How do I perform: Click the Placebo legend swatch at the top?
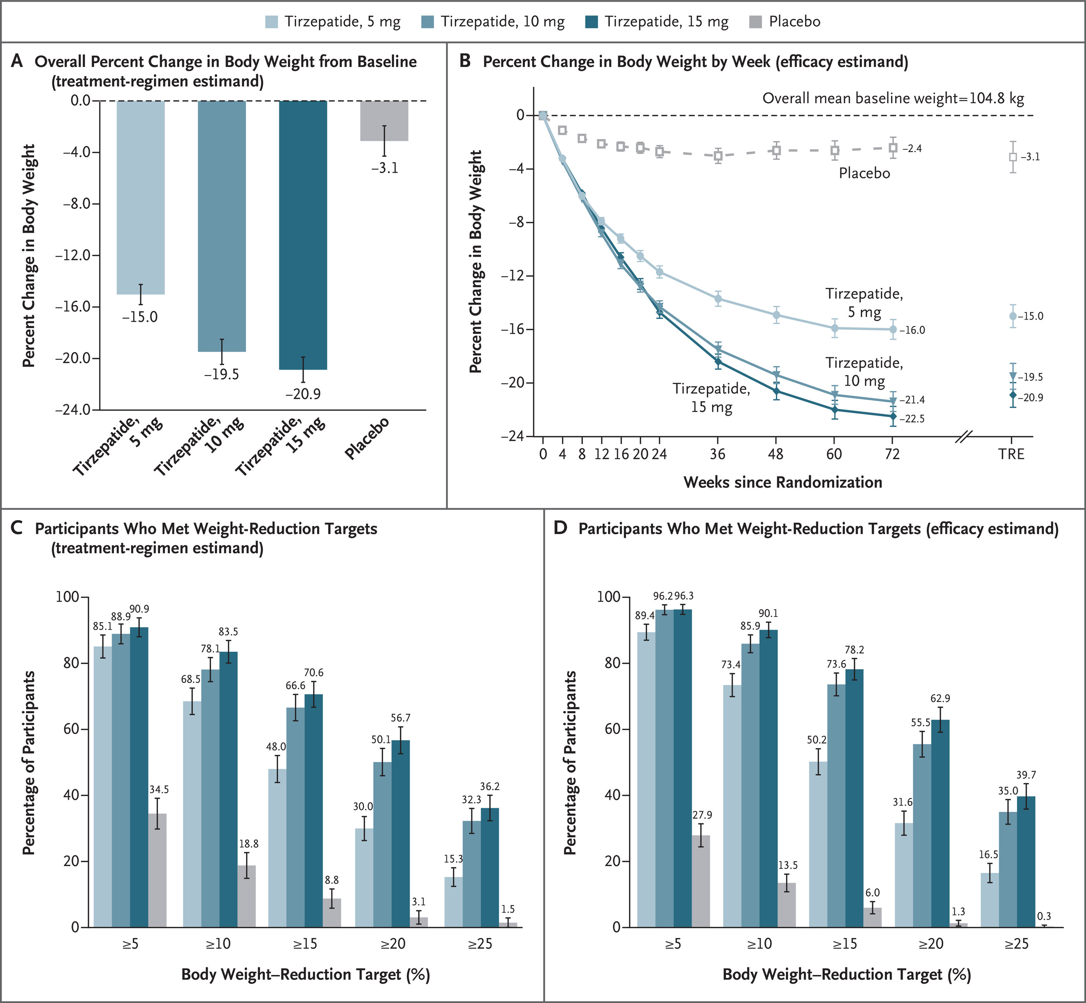click(x=755, y=22)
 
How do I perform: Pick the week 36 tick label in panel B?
click(x=717, y=454)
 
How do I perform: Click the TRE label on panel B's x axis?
click(x=1011, y=454)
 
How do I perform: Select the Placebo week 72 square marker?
click(x=893, y=148)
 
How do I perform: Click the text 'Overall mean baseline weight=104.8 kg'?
click(x=893, y=98)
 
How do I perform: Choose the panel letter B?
click(x=465, y=61)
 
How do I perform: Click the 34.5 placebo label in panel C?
click(x=159, y=790)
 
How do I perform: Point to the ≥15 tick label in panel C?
click(x=305, y=944)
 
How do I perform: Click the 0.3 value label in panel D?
click(x=1044, y=916)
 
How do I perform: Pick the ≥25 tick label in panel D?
click(x=1016, y=944)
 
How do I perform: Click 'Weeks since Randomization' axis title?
click(x=782, y=482)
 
